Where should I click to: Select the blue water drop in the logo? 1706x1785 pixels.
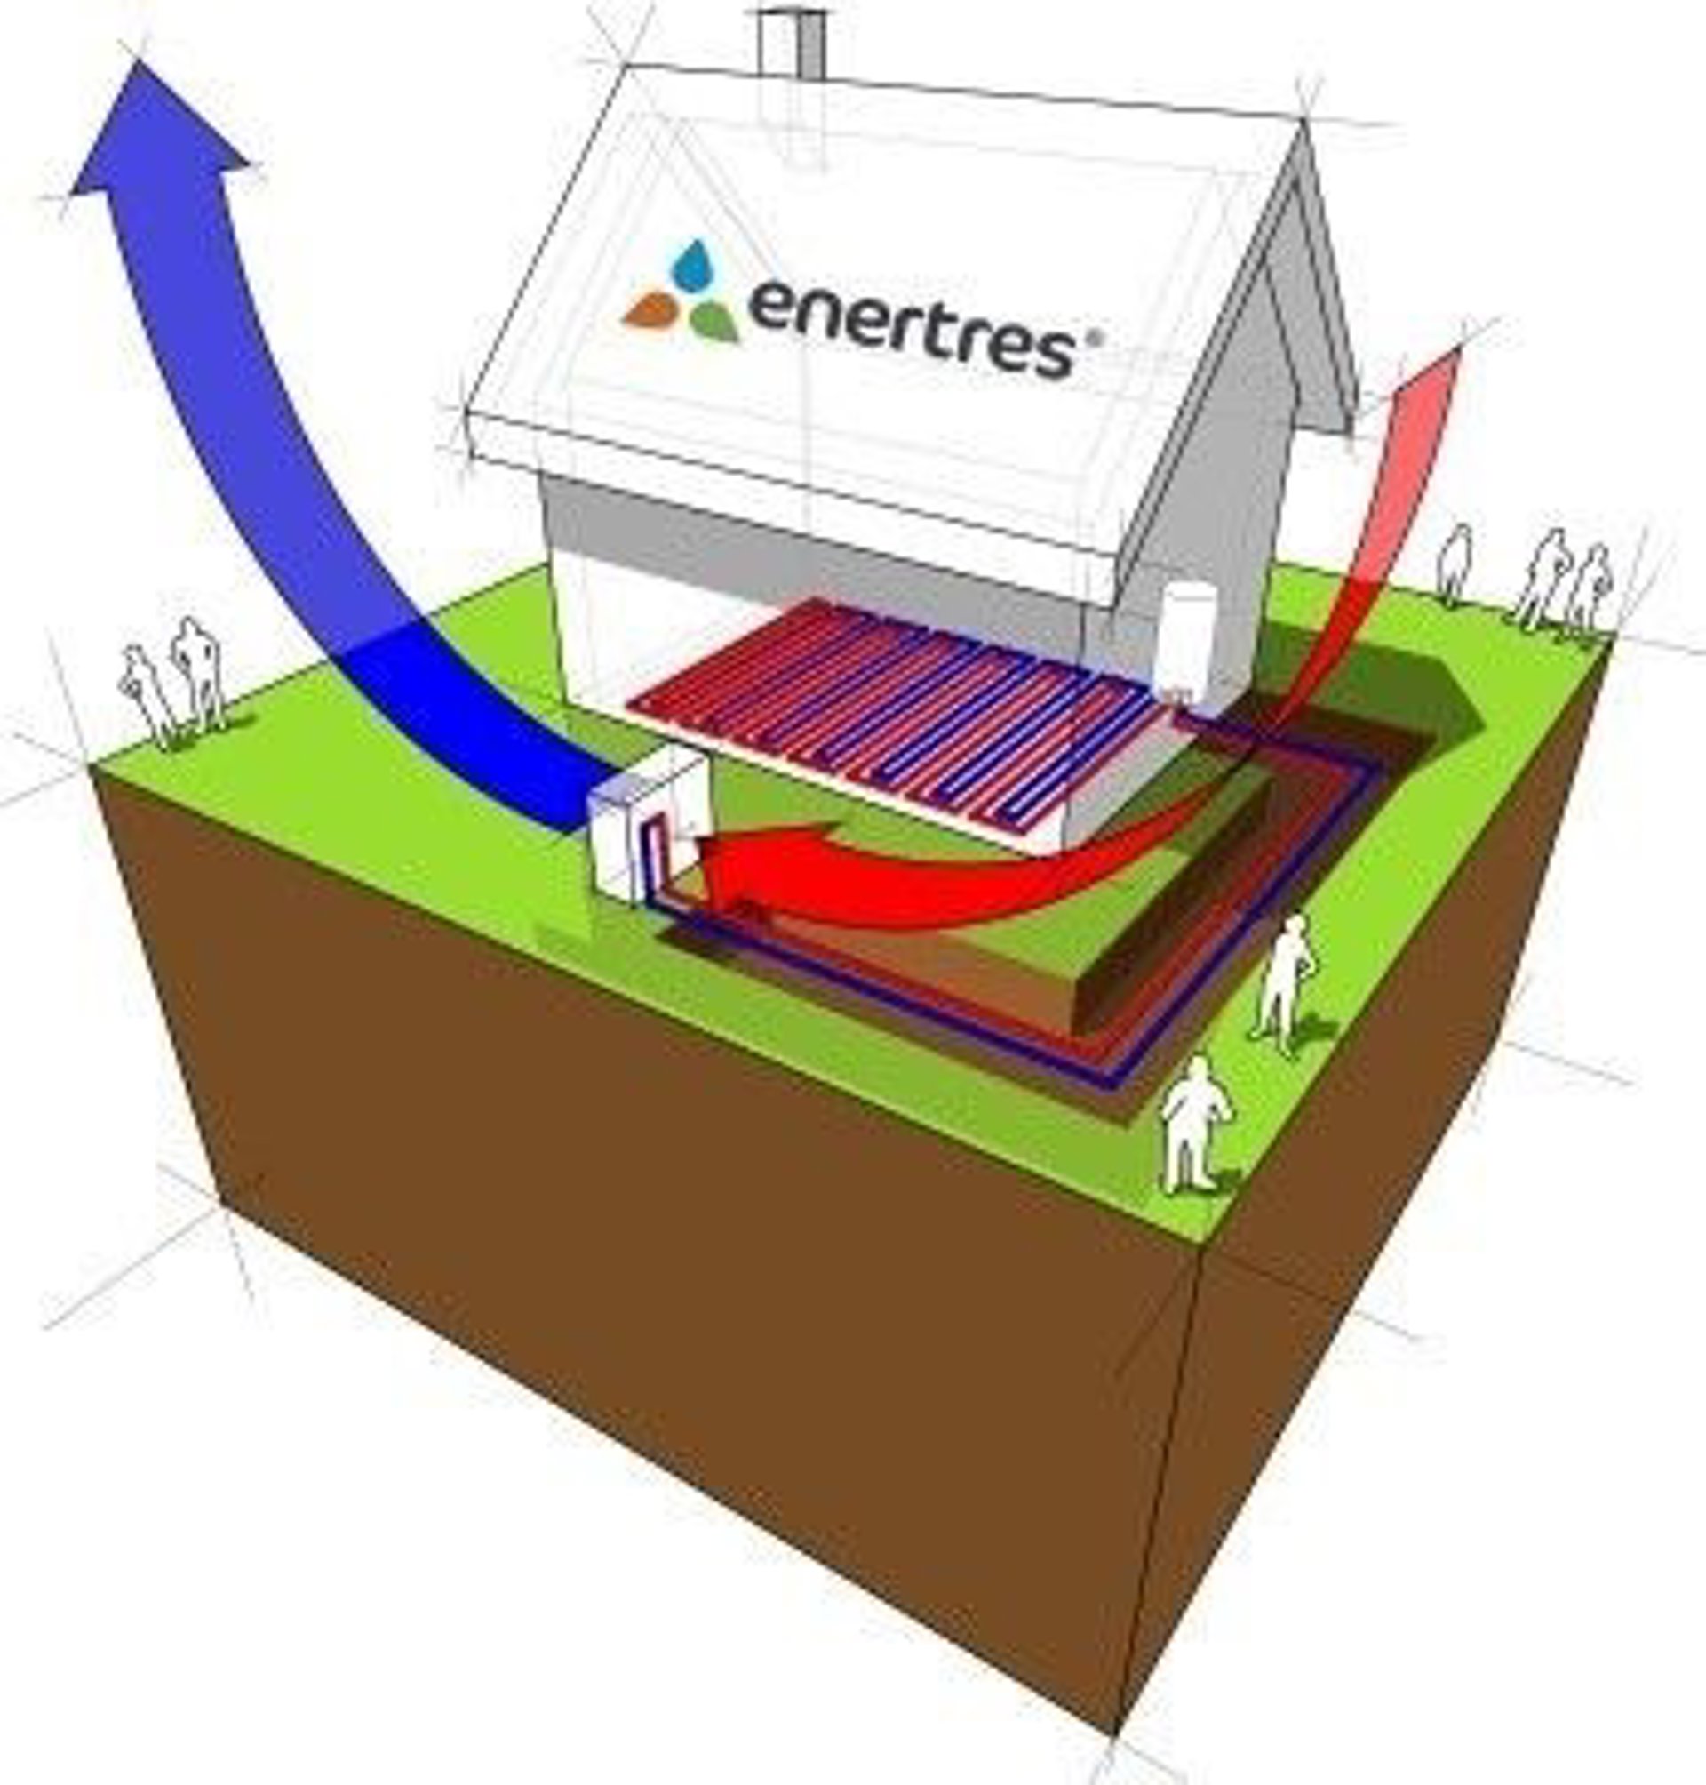pyautogui.click(x=693, y=264)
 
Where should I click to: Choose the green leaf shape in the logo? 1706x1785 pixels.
pyautogui.click(x=714, y=320)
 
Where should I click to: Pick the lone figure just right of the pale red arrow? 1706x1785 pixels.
pyautogui.click(x=1455, y=564)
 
